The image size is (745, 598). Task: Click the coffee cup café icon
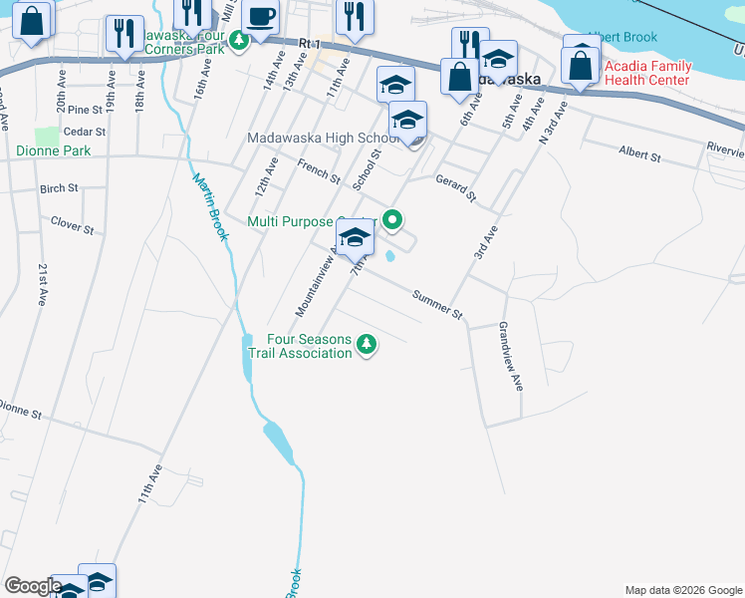(x=261, y=17)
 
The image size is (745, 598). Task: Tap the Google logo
(x=33, y=586)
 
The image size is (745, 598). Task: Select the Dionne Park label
(x=53, y=151)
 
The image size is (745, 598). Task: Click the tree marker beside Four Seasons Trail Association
(x=368, y=345)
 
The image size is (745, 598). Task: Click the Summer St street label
(x=437, y=306)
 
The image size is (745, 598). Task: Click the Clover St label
(x=72, y=228)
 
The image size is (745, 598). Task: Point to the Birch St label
(x=59, y=188)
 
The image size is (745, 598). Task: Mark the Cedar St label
(x=84, y=132)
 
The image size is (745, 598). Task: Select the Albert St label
(x=639, y=155)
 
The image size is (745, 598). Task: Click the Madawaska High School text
(x=323, y=139)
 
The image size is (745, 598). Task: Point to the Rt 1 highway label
(x=311, y=45)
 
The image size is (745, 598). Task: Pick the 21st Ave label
(x=42, y=285)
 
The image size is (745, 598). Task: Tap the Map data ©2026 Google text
(x=682, y=589)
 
